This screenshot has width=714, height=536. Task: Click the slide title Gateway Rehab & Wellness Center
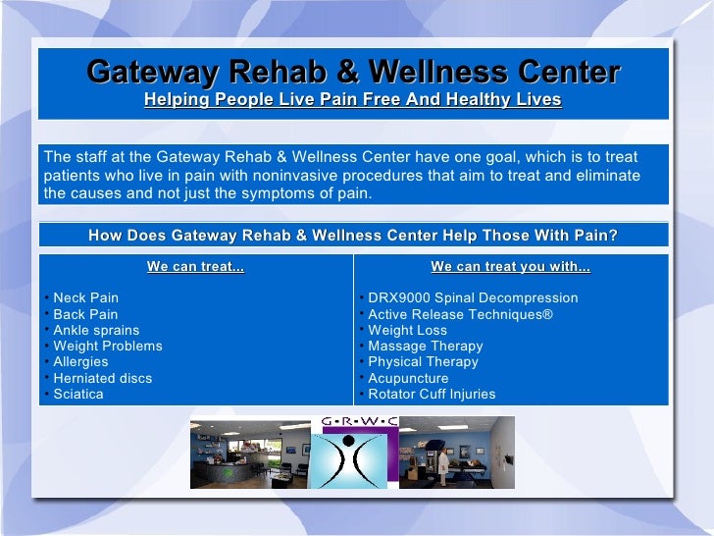[353, 73]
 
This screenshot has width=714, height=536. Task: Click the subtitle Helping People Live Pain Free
[353, 100]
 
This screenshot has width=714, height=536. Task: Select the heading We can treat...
[195, 266]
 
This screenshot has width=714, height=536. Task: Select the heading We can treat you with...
[510, 266]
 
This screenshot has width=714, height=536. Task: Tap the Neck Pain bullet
[85, 297]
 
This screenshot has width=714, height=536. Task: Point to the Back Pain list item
[85, 314]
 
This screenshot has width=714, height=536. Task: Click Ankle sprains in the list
[96, 330]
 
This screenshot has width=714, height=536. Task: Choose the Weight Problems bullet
[108, 346]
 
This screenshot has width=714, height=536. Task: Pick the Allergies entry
[80, 361]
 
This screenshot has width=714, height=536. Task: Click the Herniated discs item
[102, 378]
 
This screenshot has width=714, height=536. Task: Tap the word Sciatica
[77, 394]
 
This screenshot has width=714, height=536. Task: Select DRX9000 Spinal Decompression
[473, 297]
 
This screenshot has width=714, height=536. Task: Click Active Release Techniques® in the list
[460, 314]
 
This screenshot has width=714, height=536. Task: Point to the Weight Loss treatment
[407, 330]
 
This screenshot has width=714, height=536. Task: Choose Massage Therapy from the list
[426, 346]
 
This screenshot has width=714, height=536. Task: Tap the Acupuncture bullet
[408, 378]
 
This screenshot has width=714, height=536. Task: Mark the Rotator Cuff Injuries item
[432, 394]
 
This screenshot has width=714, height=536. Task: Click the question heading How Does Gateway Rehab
[353, 236]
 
